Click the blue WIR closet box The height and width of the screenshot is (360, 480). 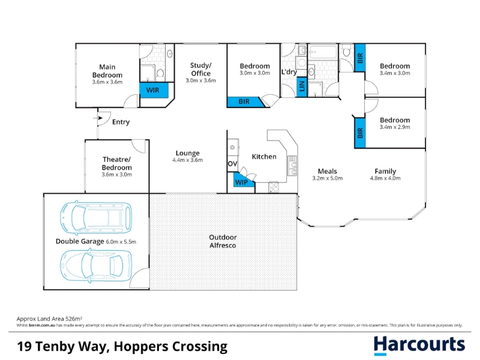154,91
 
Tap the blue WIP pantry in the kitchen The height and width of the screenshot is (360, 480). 242,181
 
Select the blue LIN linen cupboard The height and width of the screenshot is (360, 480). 302,86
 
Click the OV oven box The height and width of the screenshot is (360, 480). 232,164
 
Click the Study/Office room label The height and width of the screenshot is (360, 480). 201,69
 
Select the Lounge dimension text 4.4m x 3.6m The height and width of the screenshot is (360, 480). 188,160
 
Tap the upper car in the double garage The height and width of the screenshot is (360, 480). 96,217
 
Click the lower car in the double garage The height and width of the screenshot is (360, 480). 96,265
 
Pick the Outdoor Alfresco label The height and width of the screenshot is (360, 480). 223,241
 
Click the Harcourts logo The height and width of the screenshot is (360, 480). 419,346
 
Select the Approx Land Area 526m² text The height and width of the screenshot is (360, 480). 49,319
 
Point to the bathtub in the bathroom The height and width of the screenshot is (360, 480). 323,52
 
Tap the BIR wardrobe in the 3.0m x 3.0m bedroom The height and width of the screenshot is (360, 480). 245,102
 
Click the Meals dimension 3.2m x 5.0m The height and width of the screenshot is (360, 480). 327,178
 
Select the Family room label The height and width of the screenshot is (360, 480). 385,172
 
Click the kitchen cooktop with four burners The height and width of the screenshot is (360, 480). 274,187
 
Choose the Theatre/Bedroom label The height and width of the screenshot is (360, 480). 116,163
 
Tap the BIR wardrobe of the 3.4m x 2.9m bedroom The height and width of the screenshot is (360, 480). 360,133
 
